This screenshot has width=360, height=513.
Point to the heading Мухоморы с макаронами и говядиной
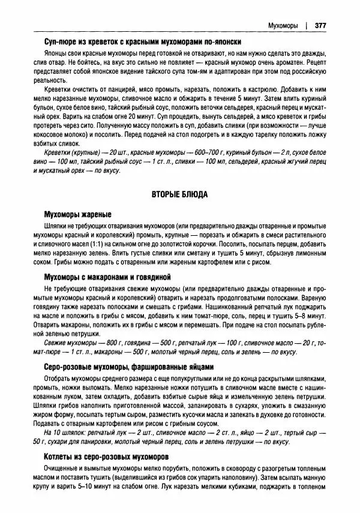[108, 277]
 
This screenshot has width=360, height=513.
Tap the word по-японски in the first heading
[220, 42]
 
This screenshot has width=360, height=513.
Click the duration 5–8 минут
[309, 315]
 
